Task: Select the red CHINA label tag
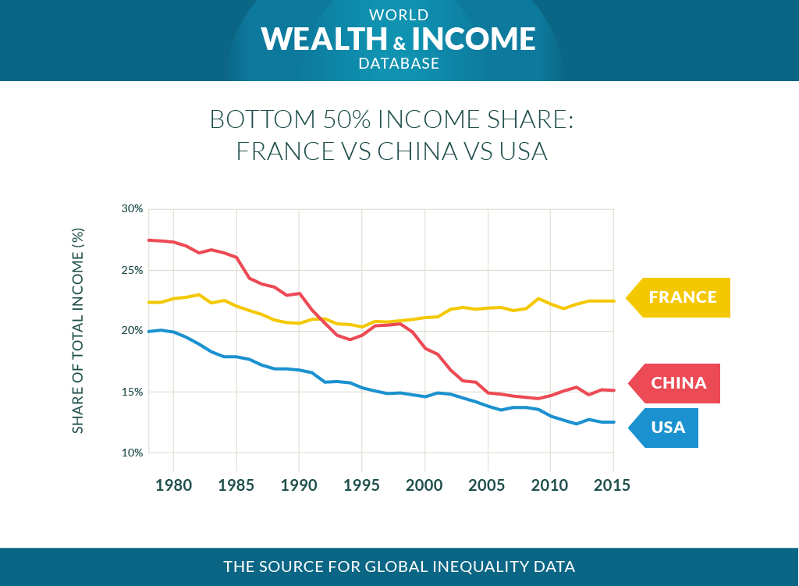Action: [x=678, y=383]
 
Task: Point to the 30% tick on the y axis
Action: [x=132, y=209]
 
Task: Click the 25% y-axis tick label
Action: [x=132, y=270]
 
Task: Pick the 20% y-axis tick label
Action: [x=132, y=331]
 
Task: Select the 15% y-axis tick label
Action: [x=132, y=392]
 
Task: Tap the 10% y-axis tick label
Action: [x=132, y=453]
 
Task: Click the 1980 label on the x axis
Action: [x=173, y=485]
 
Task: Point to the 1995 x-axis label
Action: [x=361, y=485]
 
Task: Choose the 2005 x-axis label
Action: [x=487, y=485]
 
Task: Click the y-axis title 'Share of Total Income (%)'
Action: [x=78, y=331]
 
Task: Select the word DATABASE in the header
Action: [x=399, y=64]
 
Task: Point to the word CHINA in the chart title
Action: [x=417, y=150]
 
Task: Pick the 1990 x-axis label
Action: [x=298, y=485]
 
